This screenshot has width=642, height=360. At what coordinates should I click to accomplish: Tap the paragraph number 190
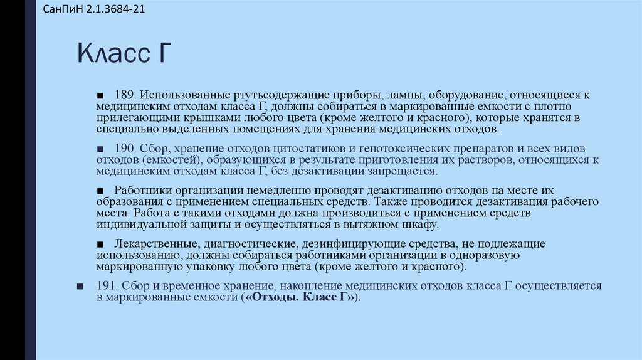pyautogui.click(x=125, y=149)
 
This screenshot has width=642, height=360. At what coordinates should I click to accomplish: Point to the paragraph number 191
pyautogui.click(x=107, y=286)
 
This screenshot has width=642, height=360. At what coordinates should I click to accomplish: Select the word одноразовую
pyautogui.click(x=478, y=255)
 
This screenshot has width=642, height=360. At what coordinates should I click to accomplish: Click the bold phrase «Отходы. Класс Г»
pyautogui.click(x=300, y=297)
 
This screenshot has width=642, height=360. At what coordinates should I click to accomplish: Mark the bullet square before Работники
pyautogui.click(x=100, y=191)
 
